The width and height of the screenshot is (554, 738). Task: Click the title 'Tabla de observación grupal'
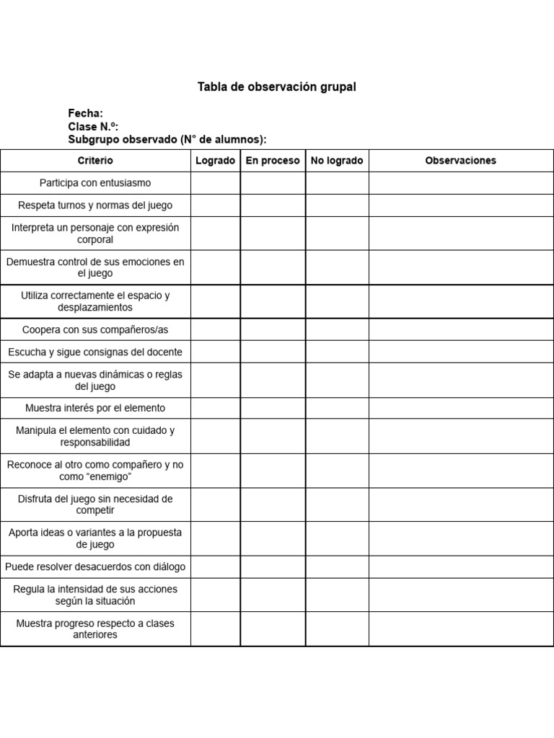point(277,87)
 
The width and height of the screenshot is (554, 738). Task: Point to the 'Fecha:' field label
point(85,113)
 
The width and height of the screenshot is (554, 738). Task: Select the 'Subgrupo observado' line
point(167,139)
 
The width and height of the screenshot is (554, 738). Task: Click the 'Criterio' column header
point(95,161)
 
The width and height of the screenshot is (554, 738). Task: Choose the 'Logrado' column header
point(215,161)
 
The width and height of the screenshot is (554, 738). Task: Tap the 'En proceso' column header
point(273,161)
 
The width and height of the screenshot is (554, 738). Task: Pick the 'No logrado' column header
point(337,161)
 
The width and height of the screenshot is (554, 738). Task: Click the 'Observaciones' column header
point(461,161)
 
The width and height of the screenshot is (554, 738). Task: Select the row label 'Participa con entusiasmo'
point(95,183)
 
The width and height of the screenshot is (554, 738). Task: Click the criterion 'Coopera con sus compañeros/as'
point(95,329)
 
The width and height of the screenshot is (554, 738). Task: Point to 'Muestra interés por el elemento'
point(95,408)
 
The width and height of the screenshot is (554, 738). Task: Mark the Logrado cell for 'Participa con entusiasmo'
point(215,183)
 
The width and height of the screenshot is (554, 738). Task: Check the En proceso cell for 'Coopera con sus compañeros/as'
point(273,329)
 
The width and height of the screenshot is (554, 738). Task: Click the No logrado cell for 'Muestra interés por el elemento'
point(337,408)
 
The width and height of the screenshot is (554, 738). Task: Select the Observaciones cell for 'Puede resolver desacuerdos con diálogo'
point(461,566)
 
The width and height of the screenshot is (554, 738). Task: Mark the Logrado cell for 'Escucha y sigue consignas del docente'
point(215,352)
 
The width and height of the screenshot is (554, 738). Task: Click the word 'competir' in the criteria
point(95,510)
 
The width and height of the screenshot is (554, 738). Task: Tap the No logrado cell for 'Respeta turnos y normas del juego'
point(337,205)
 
